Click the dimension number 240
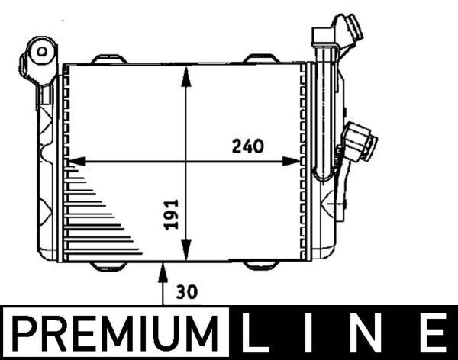247,146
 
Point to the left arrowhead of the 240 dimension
75,162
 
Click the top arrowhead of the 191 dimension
185,70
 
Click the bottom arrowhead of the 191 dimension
185,256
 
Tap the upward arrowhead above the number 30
163,268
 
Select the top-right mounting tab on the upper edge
261,59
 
